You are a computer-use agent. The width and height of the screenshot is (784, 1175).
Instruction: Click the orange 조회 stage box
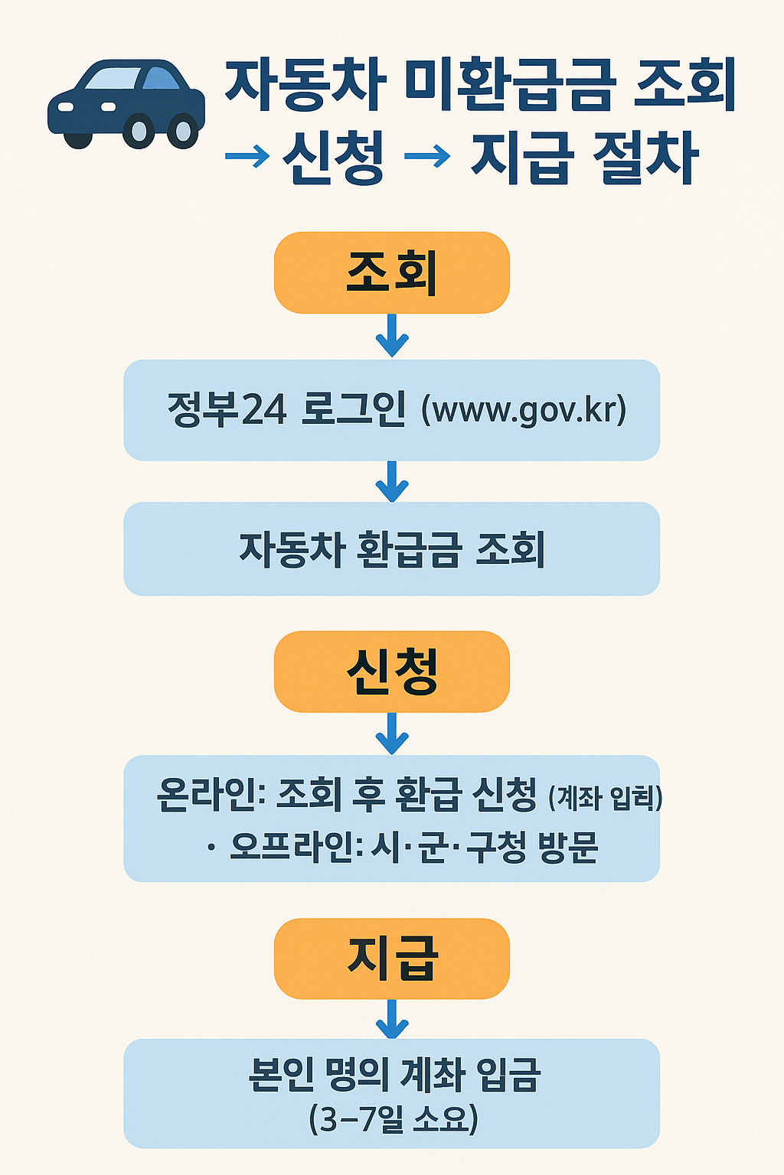[391, 272]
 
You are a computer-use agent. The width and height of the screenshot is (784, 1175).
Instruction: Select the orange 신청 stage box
[391, 671]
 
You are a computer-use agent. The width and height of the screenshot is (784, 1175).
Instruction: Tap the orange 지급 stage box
[391, 958]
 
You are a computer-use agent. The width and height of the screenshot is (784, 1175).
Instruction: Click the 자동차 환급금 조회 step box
[391, 548]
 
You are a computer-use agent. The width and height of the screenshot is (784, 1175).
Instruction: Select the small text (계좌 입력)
[605, 798]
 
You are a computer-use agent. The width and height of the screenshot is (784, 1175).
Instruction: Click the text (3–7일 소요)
[393, 1119]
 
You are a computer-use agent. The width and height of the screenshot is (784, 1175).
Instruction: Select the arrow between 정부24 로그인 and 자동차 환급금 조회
[392, 481]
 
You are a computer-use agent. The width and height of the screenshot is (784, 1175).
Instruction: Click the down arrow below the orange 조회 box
[392, 336]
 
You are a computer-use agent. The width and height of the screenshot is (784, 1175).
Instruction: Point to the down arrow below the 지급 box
[392, 1019]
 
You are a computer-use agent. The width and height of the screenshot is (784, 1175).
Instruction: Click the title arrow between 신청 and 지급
[426, 157]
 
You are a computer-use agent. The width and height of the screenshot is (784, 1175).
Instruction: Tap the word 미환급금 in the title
[510, 85]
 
